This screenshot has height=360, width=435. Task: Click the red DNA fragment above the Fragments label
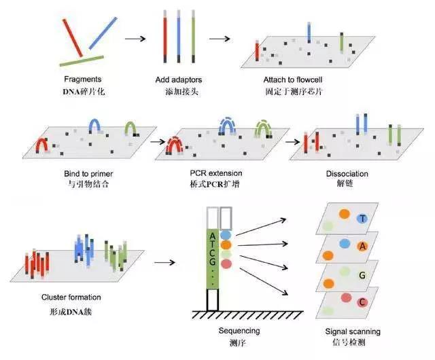[73, 38]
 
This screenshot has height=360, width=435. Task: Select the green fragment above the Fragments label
[82, 61]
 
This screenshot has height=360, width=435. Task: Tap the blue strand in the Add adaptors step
[179, 36]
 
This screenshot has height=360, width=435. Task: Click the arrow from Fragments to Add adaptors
[135, 39]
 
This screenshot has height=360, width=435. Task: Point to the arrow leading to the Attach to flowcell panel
[220, 39]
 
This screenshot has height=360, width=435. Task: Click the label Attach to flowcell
[293, 80]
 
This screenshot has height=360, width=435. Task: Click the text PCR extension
[216, 173]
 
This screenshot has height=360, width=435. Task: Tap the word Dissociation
[347, 174]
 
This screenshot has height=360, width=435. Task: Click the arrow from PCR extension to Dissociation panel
[292, 142]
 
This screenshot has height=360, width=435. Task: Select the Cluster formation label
[71, 298]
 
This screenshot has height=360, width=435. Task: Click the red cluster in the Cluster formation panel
[37, 264]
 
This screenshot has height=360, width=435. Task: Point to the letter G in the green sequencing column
[213, 262]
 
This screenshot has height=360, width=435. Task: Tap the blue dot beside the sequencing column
[226, 235]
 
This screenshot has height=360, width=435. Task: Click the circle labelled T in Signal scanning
[362, 219]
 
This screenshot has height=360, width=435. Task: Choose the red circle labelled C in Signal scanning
[362, 302]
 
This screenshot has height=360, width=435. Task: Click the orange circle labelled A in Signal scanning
[362, 247]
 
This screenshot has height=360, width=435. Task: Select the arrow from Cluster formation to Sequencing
[164, 262]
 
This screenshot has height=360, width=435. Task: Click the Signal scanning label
[353, 331]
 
